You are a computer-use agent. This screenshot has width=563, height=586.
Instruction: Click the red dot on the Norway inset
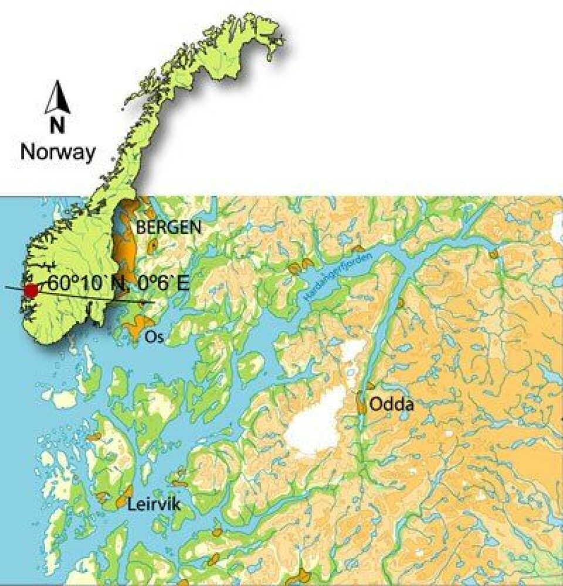(x=30, y=290)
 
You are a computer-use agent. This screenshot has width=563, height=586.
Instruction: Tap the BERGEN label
(x=168, y=228)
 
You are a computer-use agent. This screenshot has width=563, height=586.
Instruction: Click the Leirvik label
(x=154, y=505)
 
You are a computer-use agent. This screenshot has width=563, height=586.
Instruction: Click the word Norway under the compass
(x=57, y=152)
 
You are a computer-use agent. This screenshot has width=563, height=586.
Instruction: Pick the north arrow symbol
(x=59, y=98)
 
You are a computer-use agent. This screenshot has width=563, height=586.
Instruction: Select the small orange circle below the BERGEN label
(x=152, y=246)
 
